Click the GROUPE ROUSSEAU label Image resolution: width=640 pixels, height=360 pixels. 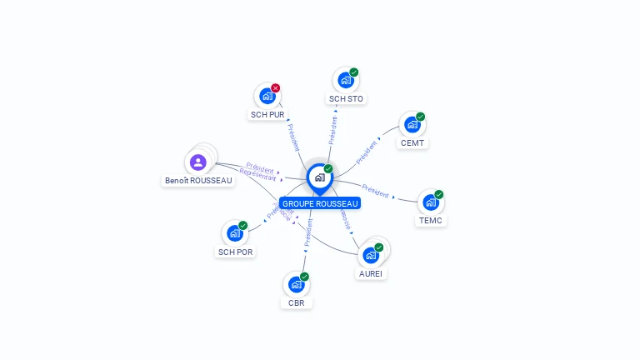point(320,203)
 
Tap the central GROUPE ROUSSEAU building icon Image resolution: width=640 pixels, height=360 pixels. point(319,177)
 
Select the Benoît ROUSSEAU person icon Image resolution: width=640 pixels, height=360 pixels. point(197,162)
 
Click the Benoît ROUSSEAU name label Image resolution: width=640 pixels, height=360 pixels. point(199,181)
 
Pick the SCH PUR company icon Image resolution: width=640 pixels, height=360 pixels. point(267,97)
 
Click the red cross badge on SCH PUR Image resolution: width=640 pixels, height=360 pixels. point(276,87)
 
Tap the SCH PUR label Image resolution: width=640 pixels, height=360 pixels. point(267,114)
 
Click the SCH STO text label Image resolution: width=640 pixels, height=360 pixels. point(347,99)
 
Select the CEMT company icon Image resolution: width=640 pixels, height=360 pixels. point(412,125)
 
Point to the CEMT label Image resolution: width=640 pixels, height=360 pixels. point(412,142)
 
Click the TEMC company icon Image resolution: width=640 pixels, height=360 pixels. point(430,202)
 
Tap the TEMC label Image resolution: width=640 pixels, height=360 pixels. point(431,221)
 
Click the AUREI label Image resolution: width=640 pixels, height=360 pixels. point(372,273)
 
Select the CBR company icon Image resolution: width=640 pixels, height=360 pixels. point(296,284)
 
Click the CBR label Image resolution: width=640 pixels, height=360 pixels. point(297,302)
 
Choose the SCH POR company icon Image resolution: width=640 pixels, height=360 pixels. point(234,233)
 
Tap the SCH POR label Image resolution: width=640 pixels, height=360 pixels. point(236,252)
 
